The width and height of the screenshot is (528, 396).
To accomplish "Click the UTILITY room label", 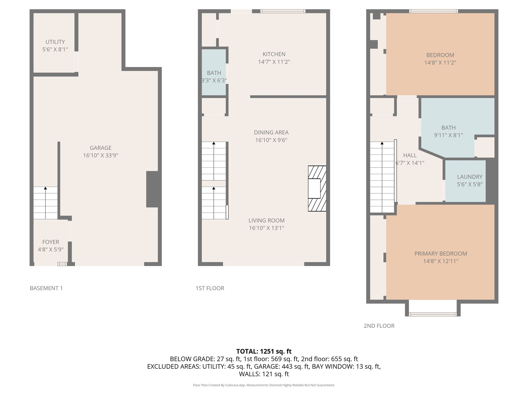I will tap(55, 42).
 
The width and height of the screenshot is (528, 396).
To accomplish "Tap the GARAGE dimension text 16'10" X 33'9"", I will tap(101, 155).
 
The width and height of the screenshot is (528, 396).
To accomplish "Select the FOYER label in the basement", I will tap(51, 242).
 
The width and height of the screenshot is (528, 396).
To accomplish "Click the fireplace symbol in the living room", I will tap(317, 188).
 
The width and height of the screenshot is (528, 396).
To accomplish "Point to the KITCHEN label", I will tap(274, 54).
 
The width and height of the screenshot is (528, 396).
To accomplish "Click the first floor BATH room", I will tap(214, 73).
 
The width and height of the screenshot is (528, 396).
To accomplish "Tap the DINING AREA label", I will tap(271, 133).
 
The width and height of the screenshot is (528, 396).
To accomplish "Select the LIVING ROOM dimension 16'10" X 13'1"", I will tap(266, 228).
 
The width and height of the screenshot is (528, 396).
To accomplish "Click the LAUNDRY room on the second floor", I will tap(465, 180).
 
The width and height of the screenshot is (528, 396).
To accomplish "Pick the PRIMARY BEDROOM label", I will tap(440, 253).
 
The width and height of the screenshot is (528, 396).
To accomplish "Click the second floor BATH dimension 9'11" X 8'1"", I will tap(448, 135).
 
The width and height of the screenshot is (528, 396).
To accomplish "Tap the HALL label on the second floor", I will tap(410, 155).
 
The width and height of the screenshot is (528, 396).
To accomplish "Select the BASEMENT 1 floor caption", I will tap(46, 288).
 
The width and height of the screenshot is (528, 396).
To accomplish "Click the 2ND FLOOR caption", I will tap(379, 326).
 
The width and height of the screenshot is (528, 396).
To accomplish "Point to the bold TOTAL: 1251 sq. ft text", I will tap(264, 351).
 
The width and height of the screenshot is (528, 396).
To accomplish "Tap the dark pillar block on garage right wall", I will tap(153, 189).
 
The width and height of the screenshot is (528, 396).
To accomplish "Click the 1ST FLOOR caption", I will tap(210, 288).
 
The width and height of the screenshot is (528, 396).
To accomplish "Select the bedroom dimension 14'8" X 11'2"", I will tap(440, 62).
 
